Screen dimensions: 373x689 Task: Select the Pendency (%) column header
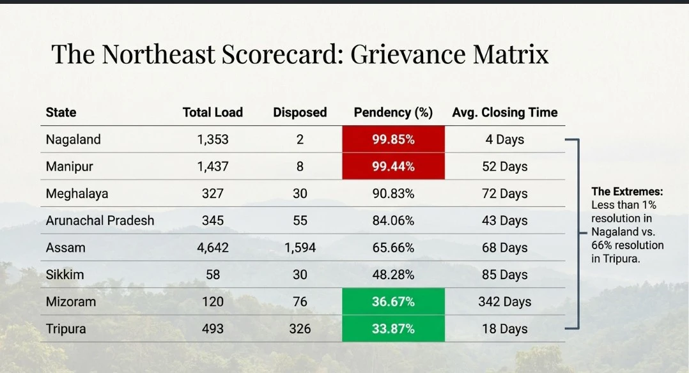393,112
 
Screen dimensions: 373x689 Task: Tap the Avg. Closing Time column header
504,112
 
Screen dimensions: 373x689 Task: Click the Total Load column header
213,112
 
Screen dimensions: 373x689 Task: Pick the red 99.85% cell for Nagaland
393,139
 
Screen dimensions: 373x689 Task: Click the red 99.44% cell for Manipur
393,167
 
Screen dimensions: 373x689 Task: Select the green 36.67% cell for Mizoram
393,301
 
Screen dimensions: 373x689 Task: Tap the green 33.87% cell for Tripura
393,329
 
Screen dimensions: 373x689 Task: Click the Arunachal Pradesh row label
100,220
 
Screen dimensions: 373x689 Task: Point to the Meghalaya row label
77,194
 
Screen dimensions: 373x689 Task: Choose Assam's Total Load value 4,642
213,248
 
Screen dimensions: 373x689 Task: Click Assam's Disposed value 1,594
300,248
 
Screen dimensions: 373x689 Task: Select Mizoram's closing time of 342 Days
504,301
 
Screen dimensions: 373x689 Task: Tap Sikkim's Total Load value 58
213,275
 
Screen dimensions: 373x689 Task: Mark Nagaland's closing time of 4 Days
504,139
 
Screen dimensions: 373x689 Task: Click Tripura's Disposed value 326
300,329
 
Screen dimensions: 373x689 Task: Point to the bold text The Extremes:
627,192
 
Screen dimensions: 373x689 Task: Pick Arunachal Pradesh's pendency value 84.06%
393,220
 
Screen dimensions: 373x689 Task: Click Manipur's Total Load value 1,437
213,167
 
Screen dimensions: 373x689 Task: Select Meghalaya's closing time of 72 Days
504,194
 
